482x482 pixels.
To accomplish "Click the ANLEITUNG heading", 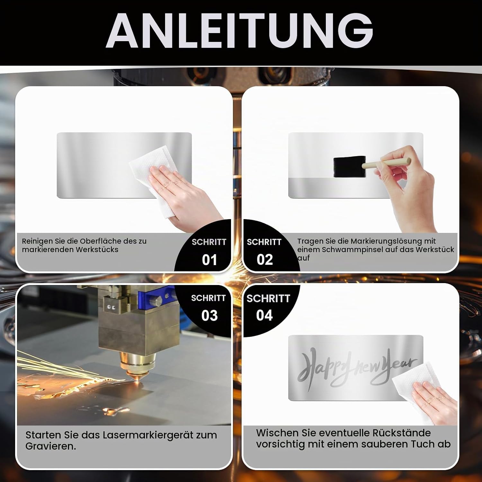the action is coord(239,31).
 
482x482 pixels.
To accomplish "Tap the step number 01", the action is coord(210,260).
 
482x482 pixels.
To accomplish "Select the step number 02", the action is coord(265,260).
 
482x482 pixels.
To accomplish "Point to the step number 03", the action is coord(210,316).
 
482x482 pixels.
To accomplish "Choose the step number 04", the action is coord(264,315).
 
